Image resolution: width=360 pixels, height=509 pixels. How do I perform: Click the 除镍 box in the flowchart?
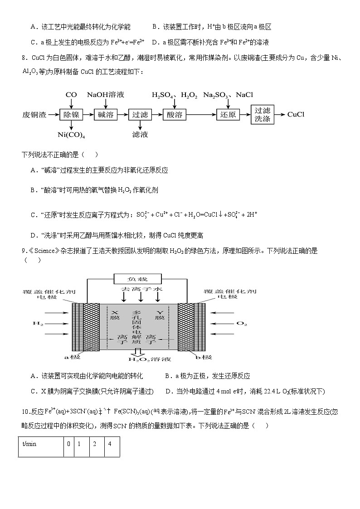coord(72,115)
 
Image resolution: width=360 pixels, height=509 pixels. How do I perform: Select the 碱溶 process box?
coord(106,115)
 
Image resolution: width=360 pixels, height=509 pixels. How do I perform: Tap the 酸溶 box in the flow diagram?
coord(174,115)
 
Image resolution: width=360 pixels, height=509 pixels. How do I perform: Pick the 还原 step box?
coord(228,115)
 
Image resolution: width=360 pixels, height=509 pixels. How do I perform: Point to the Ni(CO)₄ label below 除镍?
coord(72,135)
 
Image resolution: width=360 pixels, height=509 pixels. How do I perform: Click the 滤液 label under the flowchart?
coord(140,135)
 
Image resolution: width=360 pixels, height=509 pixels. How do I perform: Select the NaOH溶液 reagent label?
coord(105,95)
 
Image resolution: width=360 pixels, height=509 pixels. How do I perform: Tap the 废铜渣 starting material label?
coord(34,115)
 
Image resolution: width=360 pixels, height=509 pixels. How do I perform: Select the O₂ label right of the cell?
coord(242,324)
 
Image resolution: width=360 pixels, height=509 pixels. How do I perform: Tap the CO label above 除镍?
coord(71,95)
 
